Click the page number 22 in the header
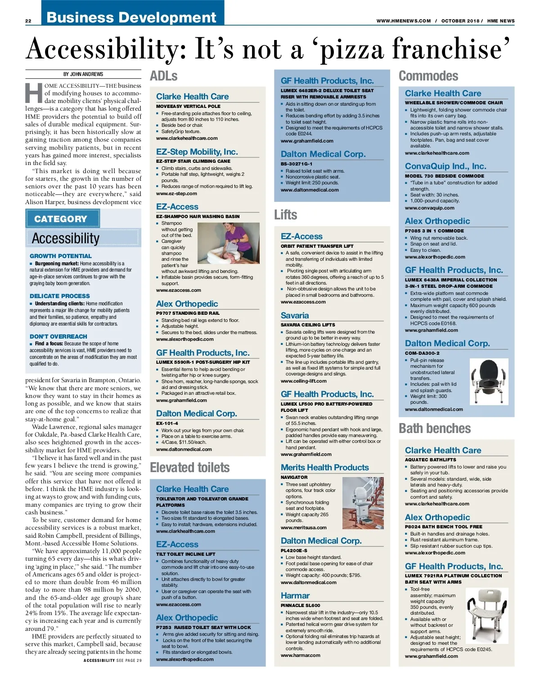tap(28, 21)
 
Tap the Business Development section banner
tap(131, 17)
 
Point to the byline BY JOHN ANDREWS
tap(83, 74)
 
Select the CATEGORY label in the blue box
tap(61, 219)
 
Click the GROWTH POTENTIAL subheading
tap(61, 256)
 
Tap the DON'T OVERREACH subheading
tap(58, 336)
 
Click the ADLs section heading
tap(164, 76)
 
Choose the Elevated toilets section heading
tap(189, 468)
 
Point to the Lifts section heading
tap(286, 215)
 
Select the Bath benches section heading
tap(435, 429)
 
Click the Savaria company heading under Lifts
tap(295, 316)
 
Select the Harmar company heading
tap(295, 596)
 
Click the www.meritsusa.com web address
tap(304, 527)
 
